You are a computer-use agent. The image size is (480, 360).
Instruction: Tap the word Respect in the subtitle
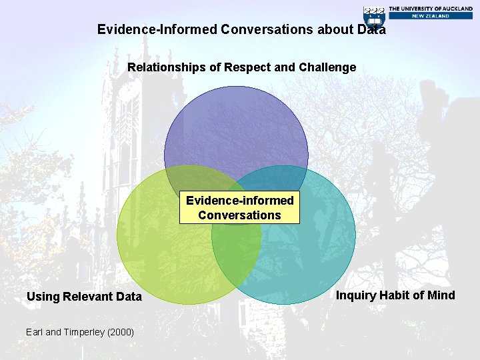[x=247, y=67]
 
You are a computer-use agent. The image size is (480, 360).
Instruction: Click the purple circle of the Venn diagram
[x=236, y=127]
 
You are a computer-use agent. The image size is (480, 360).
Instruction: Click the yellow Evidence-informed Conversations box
[x=239, y=208]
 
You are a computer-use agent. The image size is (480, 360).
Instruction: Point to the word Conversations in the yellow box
[x=239, y=215]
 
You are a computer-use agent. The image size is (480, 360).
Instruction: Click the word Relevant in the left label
[x=90, y=297]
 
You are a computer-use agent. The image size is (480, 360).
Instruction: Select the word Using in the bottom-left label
[x=43, y=297]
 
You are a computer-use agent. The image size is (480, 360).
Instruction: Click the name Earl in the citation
[x=35, y=332]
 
